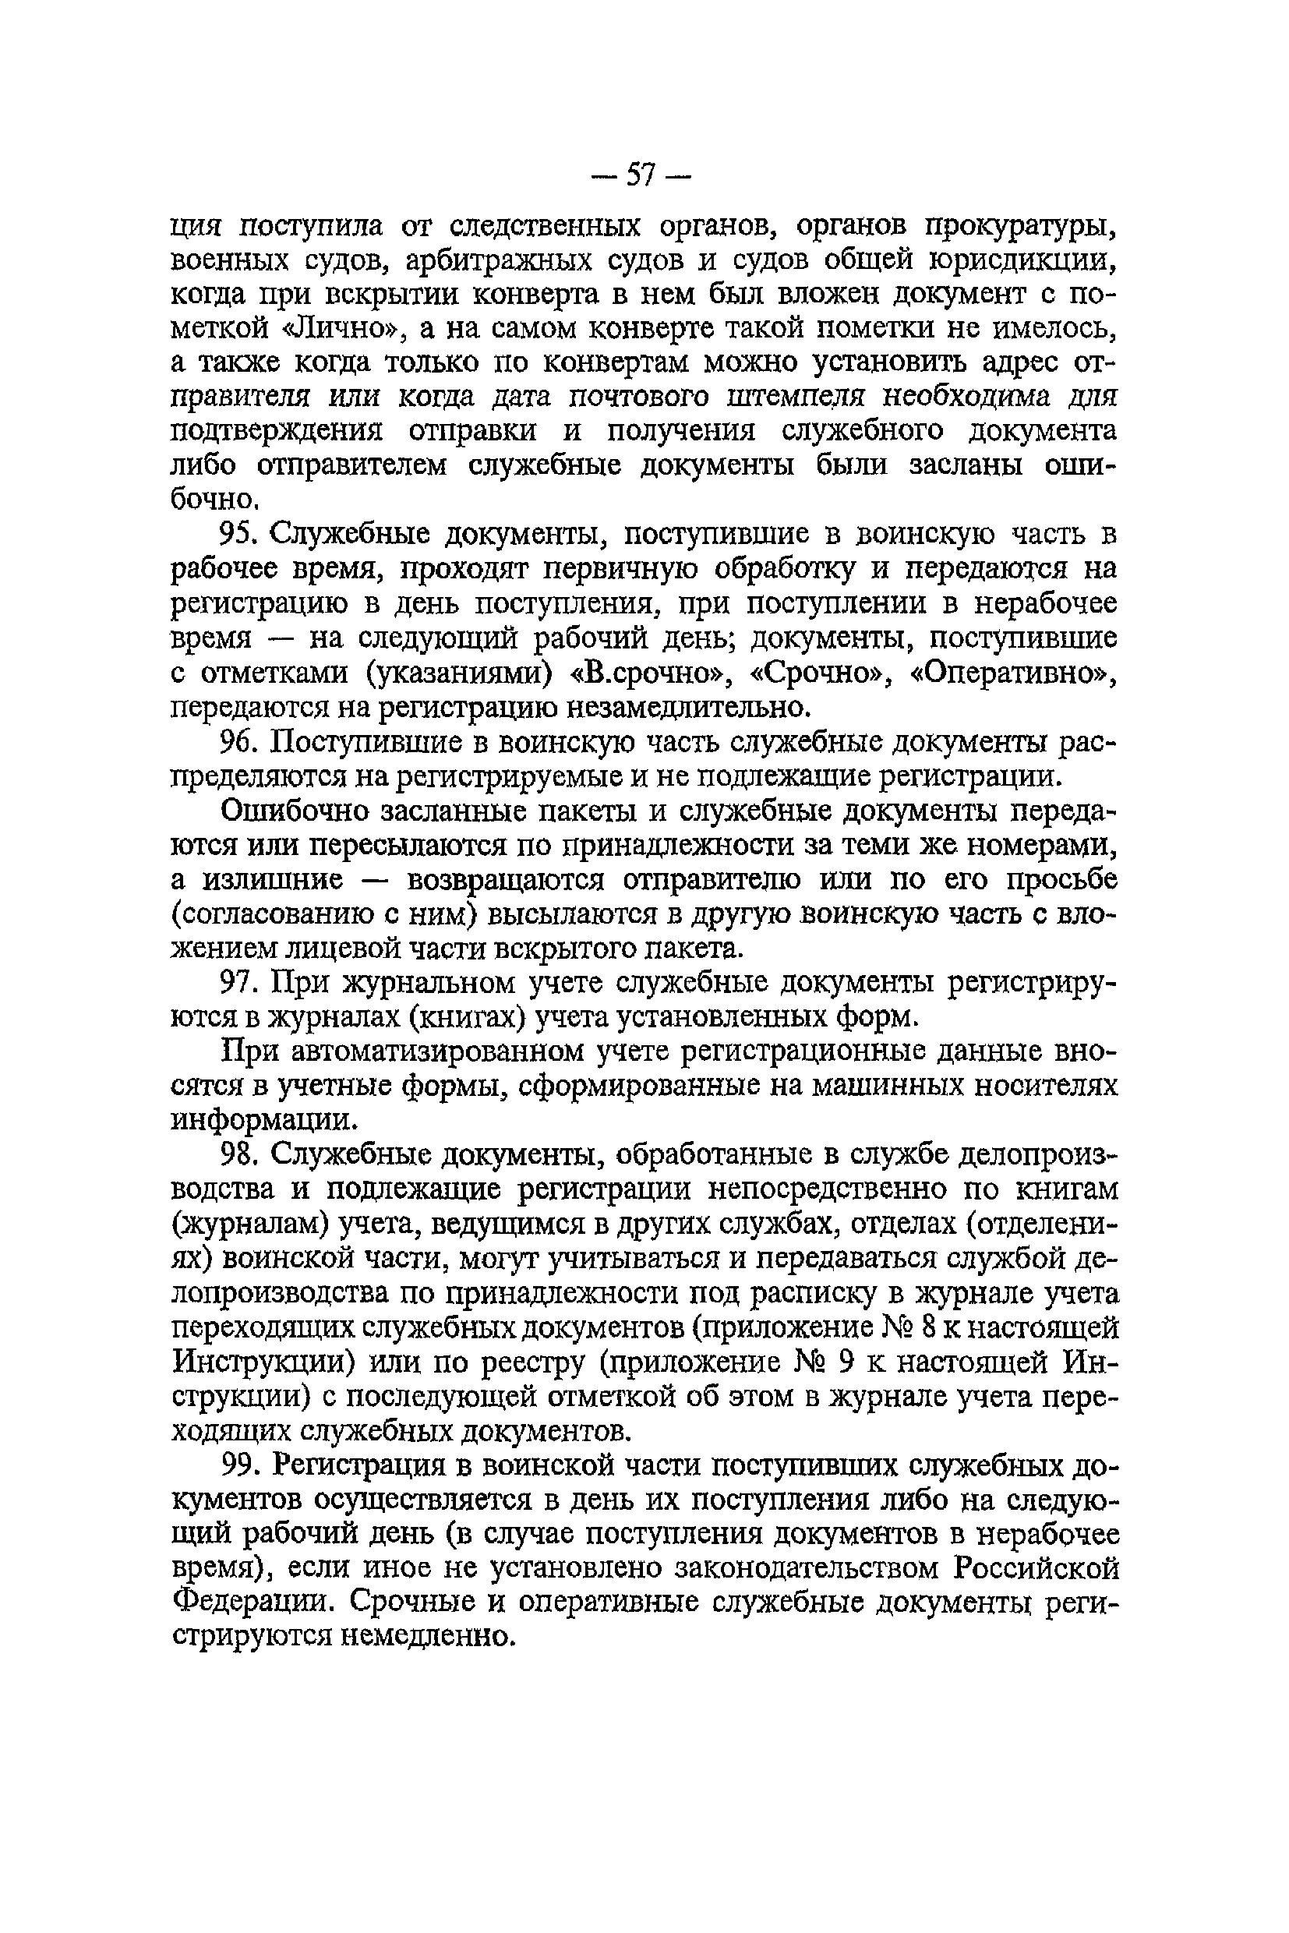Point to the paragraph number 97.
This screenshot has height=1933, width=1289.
[x=239, y=983]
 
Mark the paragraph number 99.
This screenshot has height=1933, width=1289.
[x=240, y=1466]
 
